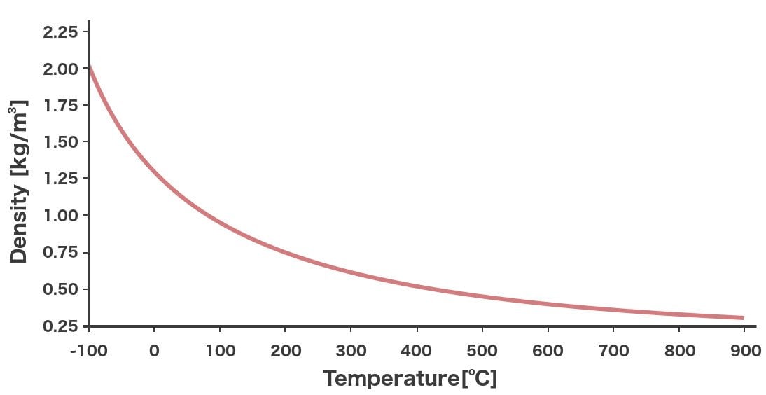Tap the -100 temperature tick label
pos(89,351)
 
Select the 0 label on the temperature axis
pos(154,351)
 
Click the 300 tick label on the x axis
pos(351,351)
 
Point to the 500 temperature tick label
pos(482,351)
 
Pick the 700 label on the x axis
pos(613,351)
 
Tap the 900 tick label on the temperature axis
pos(745,351)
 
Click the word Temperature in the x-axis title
pos(389,379)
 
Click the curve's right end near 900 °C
pos(741,318)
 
